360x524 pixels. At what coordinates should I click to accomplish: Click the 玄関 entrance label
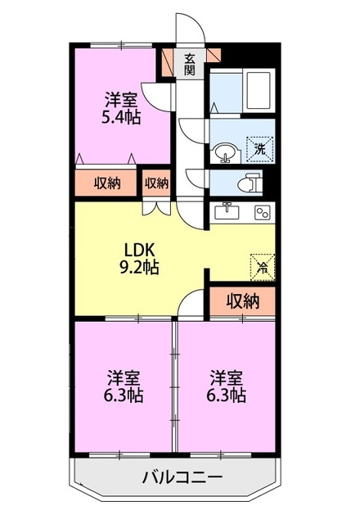189,64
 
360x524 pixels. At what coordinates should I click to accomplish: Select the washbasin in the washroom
226,154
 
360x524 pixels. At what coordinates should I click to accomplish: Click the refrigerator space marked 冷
263,267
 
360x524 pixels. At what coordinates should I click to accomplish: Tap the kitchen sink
227,211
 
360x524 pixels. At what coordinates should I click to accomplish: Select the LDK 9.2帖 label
139,259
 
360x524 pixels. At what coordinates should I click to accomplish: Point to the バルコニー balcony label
182,477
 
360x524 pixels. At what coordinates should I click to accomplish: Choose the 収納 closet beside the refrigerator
243,301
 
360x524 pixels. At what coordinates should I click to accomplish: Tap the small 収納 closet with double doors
156,183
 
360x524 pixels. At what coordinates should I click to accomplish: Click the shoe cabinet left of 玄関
168,63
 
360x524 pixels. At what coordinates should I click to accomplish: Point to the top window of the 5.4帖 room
121,45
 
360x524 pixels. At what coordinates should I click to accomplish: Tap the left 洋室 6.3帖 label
124,386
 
